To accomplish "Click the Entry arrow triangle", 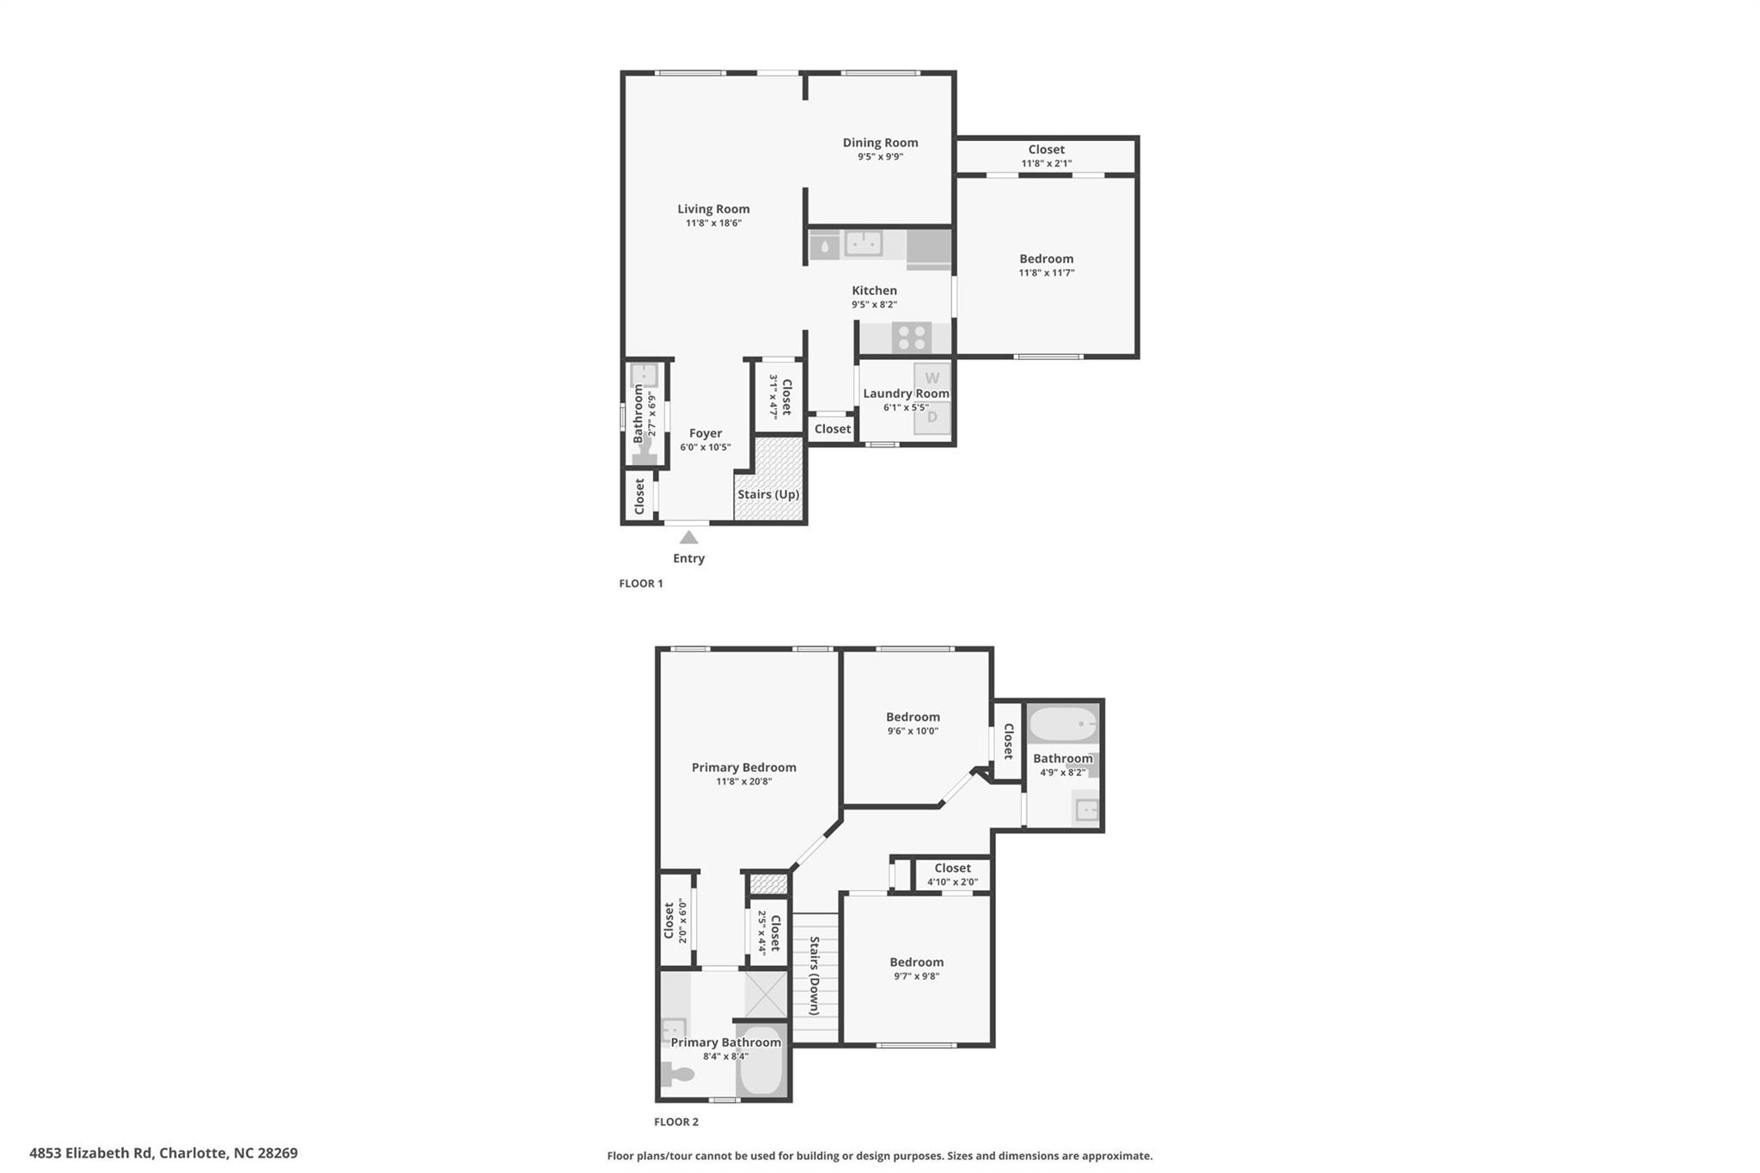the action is [x=688, y=537].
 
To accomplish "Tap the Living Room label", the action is [x=713, y=209].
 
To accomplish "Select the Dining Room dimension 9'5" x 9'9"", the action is [x=880, y=157].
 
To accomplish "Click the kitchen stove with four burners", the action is [x=912, y=337].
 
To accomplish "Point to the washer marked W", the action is [x=932, y=378].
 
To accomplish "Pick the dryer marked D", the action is [x=932, y=418].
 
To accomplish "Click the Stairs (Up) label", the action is [x=768, y=495].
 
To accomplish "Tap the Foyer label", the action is [x=706, y=433].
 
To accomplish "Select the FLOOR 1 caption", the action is [x=641, y=583].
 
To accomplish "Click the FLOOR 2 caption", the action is [x=676, y=1121].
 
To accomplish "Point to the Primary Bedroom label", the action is [x=744, y=767].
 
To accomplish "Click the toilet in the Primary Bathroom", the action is [x=677, y=1074].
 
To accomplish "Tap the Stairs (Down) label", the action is [x=814, y=975].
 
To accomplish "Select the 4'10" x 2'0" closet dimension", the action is [x=952, y=882].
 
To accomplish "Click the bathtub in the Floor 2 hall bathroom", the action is [x=1063, y=724].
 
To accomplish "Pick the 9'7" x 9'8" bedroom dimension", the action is [x=916, y=976].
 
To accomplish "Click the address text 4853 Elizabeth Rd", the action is [x=92, y=1153].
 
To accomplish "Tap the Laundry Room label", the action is [x=906, y=394].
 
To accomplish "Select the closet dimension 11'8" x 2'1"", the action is [x=1047, y=163].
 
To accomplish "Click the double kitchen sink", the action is [x=863, y=245].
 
